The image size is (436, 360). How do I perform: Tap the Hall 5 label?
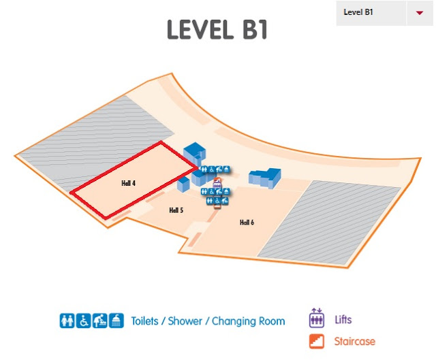tap(176, 211)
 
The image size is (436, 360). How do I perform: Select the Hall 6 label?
tap(247, 223)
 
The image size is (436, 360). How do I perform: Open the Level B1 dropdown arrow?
tap(418, 13)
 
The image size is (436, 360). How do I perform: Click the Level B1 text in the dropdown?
tap(358, 12)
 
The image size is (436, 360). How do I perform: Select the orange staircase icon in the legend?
tap(316, 341)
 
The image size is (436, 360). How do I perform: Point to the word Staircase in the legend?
tap(355, 341)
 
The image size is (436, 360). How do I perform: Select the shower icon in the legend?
tap(118, 321)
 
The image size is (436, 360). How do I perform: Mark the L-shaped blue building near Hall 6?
tap(264, 177)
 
